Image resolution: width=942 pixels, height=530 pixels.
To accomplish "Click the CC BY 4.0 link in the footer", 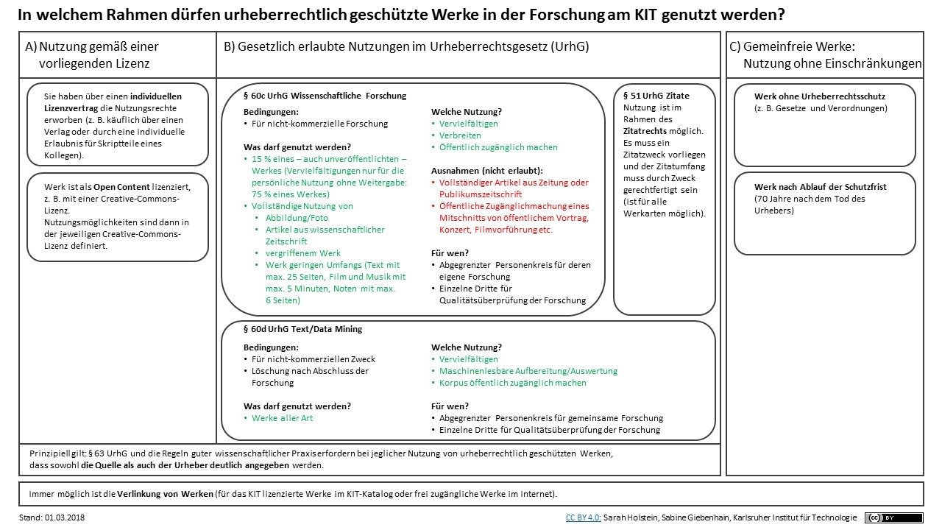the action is [583, 517].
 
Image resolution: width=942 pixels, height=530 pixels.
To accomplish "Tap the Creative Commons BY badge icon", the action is [893, 517].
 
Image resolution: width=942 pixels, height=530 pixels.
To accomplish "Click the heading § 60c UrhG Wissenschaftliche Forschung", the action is [325, 96].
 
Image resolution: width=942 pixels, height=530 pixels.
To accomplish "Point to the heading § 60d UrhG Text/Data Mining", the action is [302, 329].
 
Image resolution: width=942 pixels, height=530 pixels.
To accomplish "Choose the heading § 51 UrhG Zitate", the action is [656, 96].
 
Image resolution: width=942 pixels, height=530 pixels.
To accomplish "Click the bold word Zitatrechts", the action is [645, 131].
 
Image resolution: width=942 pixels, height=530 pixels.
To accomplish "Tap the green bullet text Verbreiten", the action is [460, 135].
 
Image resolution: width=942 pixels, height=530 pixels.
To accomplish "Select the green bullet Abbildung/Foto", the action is [297, 218].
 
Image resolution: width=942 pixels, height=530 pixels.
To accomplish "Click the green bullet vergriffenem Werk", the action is [302, 253].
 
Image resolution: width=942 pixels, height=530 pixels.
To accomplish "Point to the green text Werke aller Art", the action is [282, 418].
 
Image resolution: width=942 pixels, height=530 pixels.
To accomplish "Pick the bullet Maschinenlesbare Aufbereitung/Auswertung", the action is [528, 371].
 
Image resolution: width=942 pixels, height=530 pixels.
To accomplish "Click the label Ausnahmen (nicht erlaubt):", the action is [487, 171].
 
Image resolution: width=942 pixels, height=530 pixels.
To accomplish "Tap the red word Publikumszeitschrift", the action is [481, 194].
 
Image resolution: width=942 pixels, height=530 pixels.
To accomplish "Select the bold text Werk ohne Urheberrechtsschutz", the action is [820, 96].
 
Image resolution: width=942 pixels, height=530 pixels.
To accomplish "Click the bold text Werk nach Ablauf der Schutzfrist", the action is [820, 187].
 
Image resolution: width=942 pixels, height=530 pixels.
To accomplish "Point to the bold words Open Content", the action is [121, 187].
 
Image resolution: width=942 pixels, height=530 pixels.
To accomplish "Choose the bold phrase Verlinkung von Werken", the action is [165, 494].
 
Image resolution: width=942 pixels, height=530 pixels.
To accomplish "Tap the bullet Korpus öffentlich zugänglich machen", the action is [513, 383].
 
